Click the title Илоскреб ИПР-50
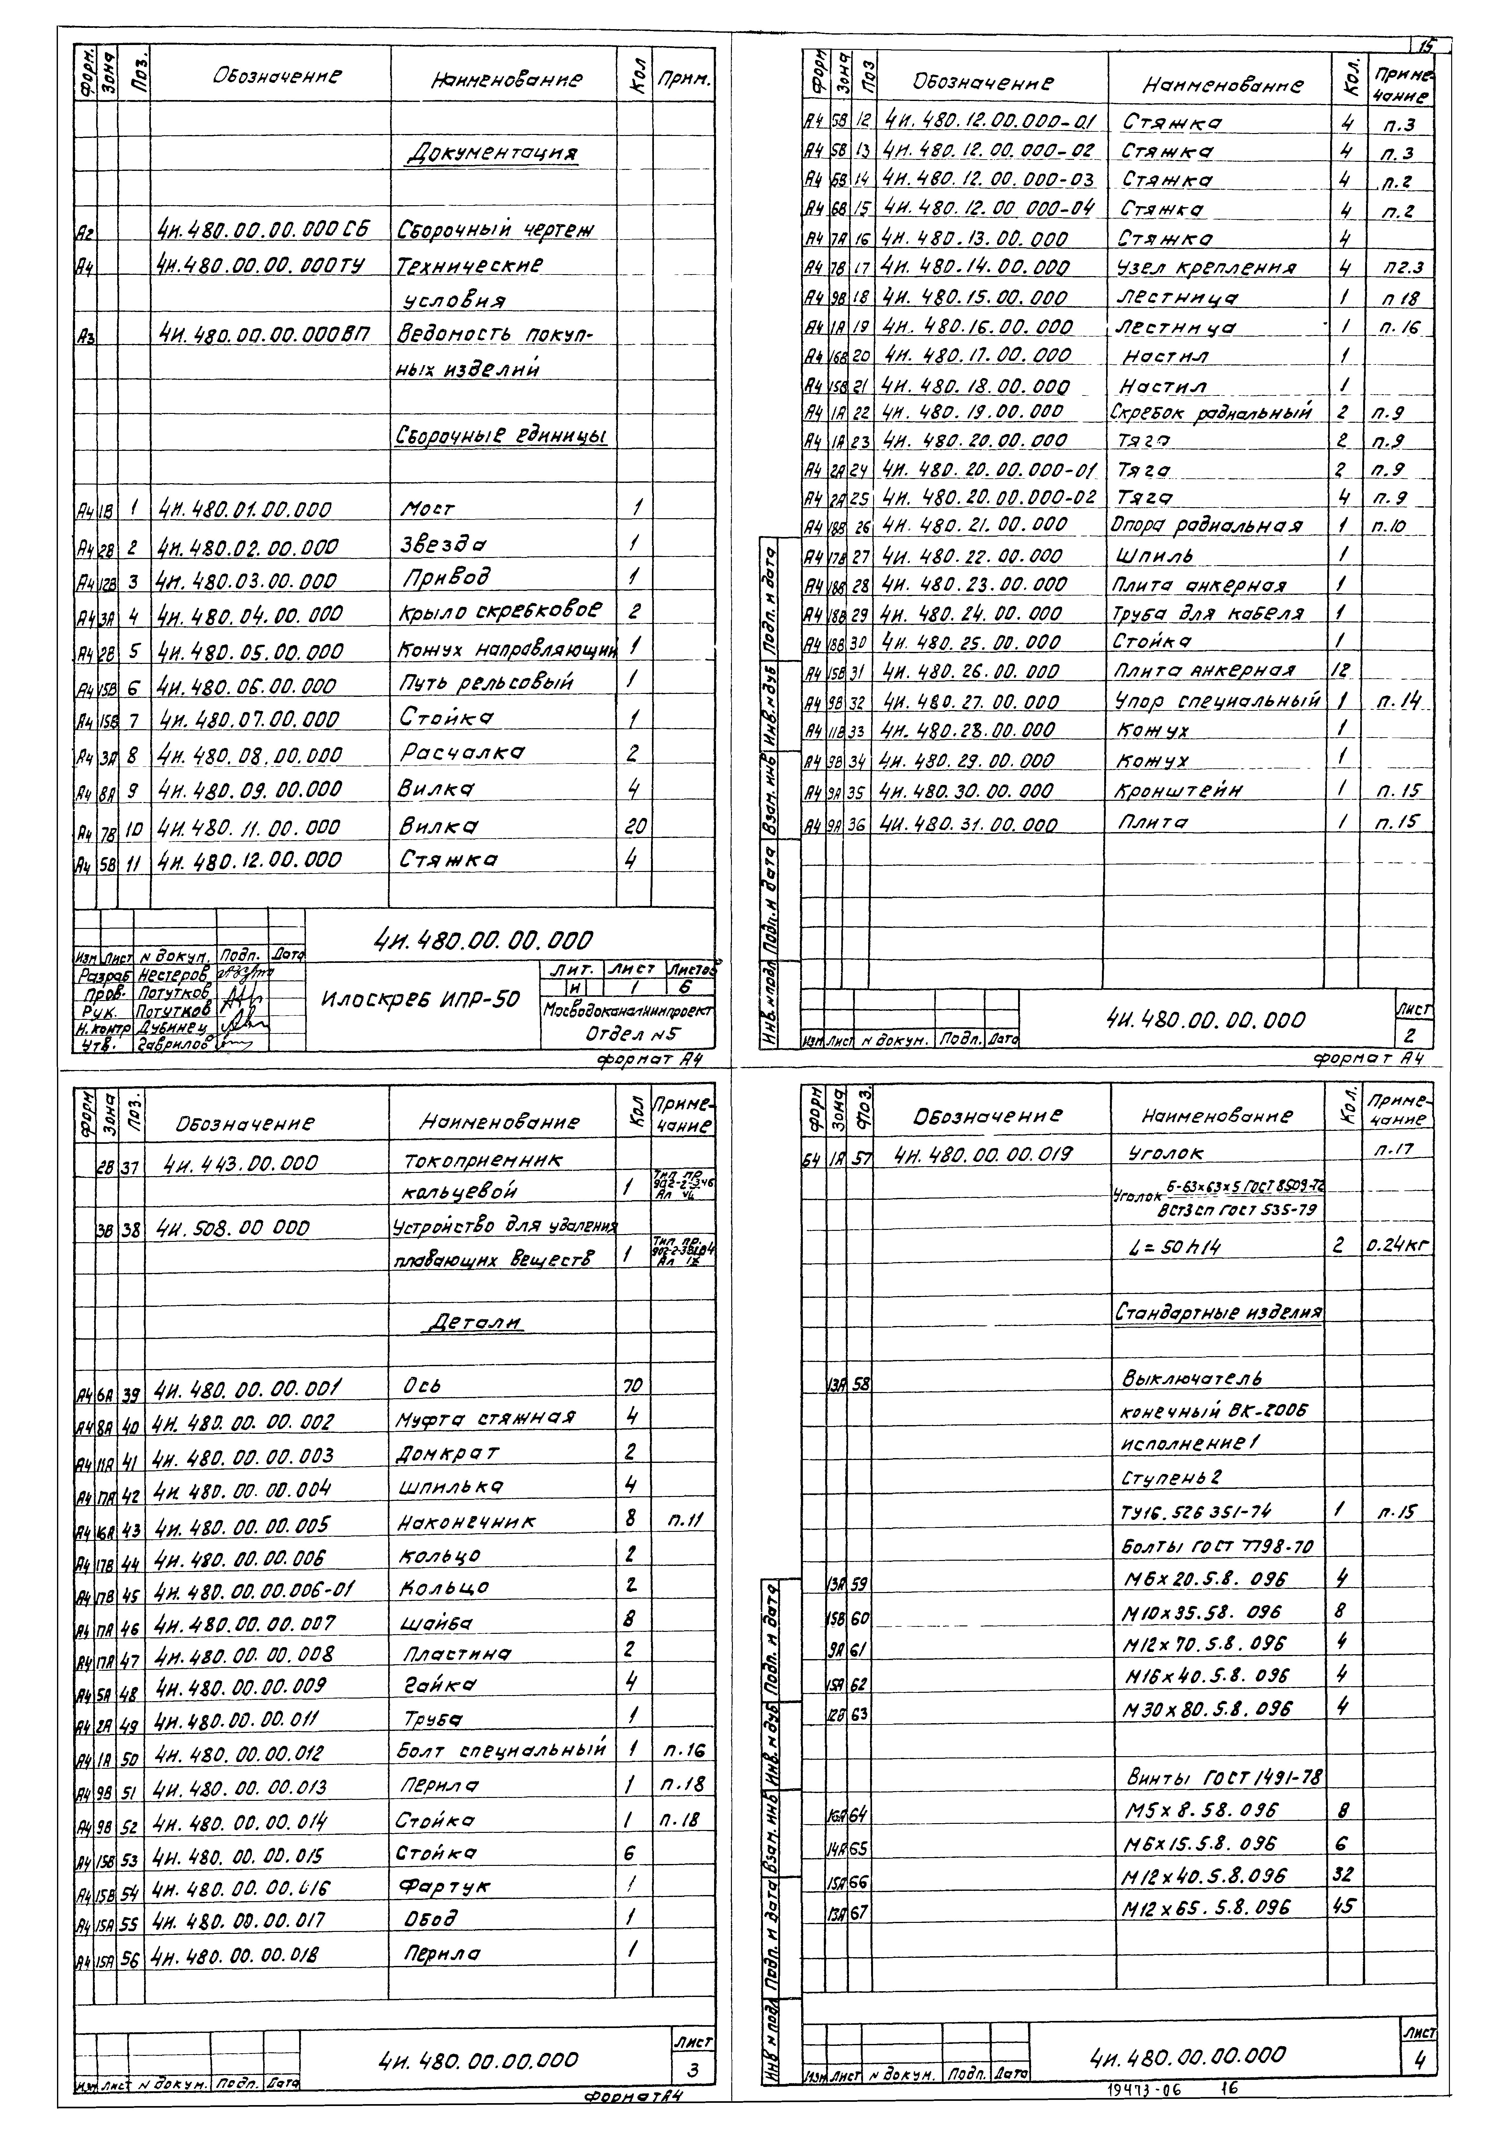pos(420,999)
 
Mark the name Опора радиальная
pos(1206,526)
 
